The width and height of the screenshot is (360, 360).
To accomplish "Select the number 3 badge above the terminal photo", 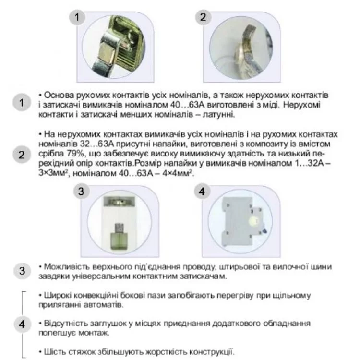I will [81, 192].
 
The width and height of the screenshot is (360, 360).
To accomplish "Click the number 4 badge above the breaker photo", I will [202, 192].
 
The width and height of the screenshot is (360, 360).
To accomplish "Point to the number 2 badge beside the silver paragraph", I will [22, 155].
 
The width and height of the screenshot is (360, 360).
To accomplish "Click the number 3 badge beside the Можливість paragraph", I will [22, 271].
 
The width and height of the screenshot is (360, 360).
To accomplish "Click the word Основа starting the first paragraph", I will [57, 95].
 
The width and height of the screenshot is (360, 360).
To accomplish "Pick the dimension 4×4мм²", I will [177, 173].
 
